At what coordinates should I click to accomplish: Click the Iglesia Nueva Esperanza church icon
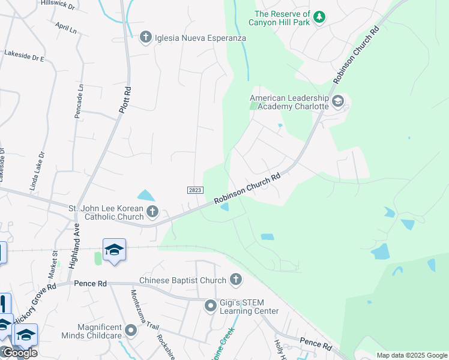tap(145, 38)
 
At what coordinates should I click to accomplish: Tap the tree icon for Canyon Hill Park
tap(319, 17)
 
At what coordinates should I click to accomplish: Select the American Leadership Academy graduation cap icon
tap(337, 101)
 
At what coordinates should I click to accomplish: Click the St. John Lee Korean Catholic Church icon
tap(152, 211)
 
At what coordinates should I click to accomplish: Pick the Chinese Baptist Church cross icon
tap(236, 280)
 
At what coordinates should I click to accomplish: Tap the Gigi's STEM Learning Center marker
tap(210, 306)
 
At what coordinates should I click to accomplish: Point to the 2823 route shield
tap(194, 190)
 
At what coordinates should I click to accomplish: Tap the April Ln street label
tap(65, 28)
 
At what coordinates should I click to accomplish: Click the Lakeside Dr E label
tap(25, 56)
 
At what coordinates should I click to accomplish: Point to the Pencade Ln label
tap(79, 101)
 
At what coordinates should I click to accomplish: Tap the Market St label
tap(52, 264)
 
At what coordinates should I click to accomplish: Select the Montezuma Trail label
tap(145, 310)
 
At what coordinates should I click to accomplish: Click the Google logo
tap(19, 352)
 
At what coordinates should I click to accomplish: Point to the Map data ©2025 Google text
tap(411, 355)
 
